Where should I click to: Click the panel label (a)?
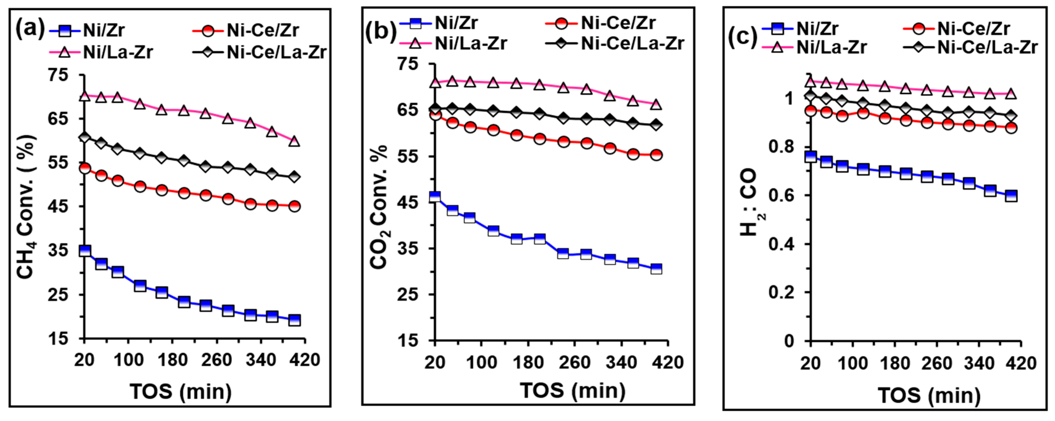coord(30,30)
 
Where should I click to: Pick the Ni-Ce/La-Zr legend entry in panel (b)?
coord(614,43)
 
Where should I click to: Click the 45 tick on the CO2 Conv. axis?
coord(408,203)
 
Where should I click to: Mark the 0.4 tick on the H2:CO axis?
coord(781,244)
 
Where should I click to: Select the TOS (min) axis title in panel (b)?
coord(573,390)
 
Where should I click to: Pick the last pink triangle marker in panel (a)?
coord(294,142)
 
